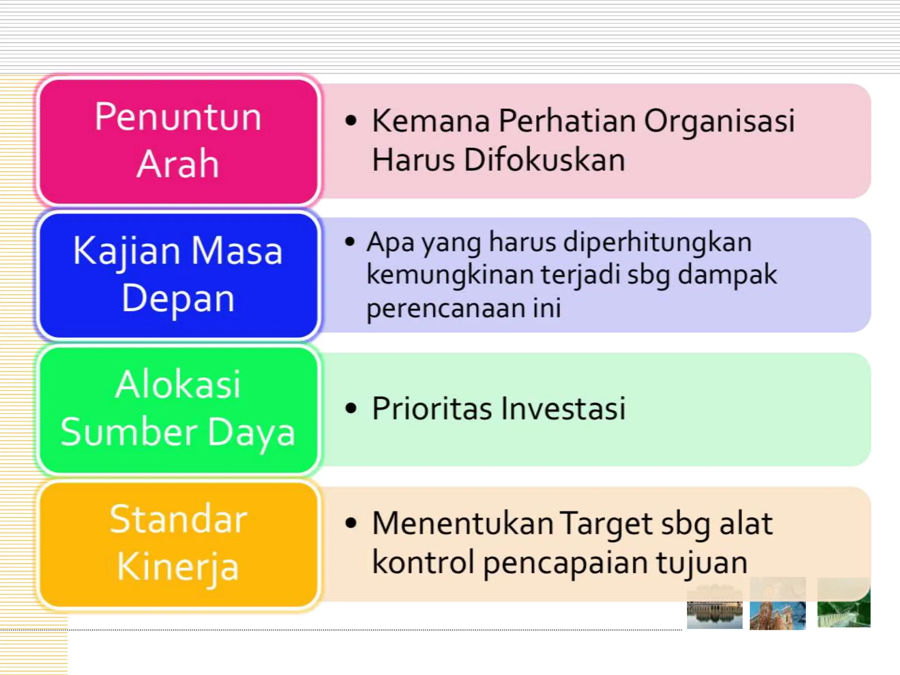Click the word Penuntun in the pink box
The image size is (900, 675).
(178, 117)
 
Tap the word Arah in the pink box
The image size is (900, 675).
(178, 163)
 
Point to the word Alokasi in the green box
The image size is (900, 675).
(178, 385)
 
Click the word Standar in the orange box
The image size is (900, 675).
(178, 519)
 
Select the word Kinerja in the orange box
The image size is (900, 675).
(178, 567)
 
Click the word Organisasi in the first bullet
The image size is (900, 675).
(719, 121)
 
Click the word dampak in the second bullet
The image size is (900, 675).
(727, 275)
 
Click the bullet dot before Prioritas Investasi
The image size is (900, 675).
(351, 408)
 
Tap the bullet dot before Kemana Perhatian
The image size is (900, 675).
(351, 120)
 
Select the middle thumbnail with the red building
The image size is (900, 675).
(777, 604)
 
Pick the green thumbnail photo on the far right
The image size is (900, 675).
(843, 603)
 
